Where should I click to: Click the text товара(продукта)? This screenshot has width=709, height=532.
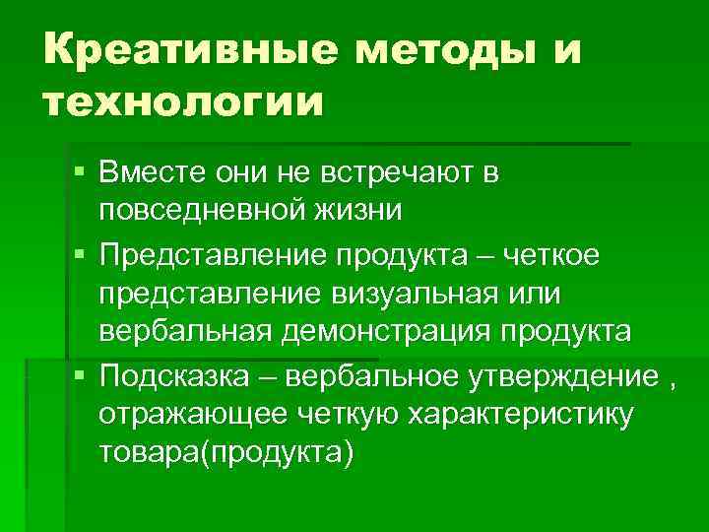(225, 451)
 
